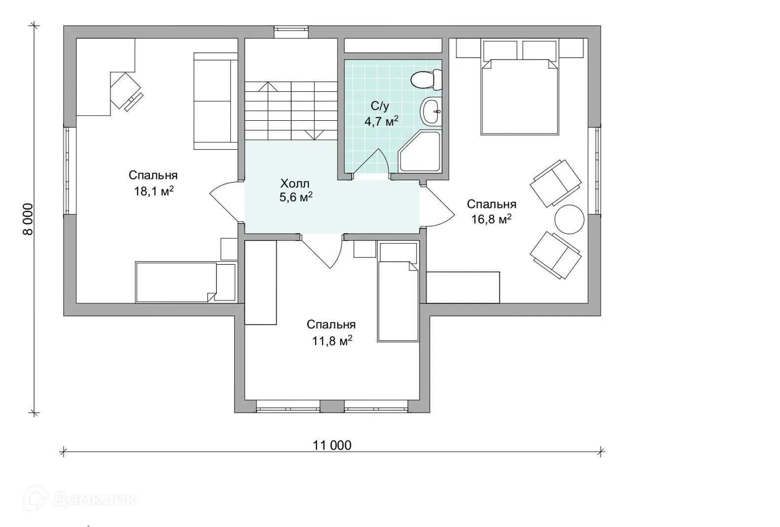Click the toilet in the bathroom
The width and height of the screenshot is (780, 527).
click(426, 80)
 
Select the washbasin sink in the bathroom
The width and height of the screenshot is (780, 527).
click(431, 111)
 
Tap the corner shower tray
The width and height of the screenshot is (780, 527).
click(420, 151)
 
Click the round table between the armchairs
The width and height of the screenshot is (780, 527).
click(569, 219)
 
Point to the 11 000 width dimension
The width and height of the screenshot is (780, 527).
click(332, 445)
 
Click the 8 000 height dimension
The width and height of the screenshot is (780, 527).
click(28, 219)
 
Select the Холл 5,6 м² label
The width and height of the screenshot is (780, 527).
click(296, 190)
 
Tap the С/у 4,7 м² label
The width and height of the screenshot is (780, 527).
click(381, 114)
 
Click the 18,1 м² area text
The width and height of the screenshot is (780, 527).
click(154, 191)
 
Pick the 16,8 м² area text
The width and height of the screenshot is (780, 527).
click(492, 219)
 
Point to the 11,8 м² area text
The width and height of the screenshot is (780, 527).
click(332, 341)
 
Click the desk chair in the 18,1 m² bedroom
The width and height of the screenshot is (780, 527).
click(126, 91)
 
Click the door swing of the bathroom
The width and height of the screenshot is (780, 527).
click(372, 162)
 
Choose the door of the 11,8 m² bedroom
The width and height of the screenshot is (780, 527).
click(321, 251)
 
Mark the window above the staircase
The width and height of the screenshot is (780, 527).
click(291, 32)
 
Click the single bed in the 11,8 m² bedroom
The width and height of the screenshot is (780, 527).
click(398, 292)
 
